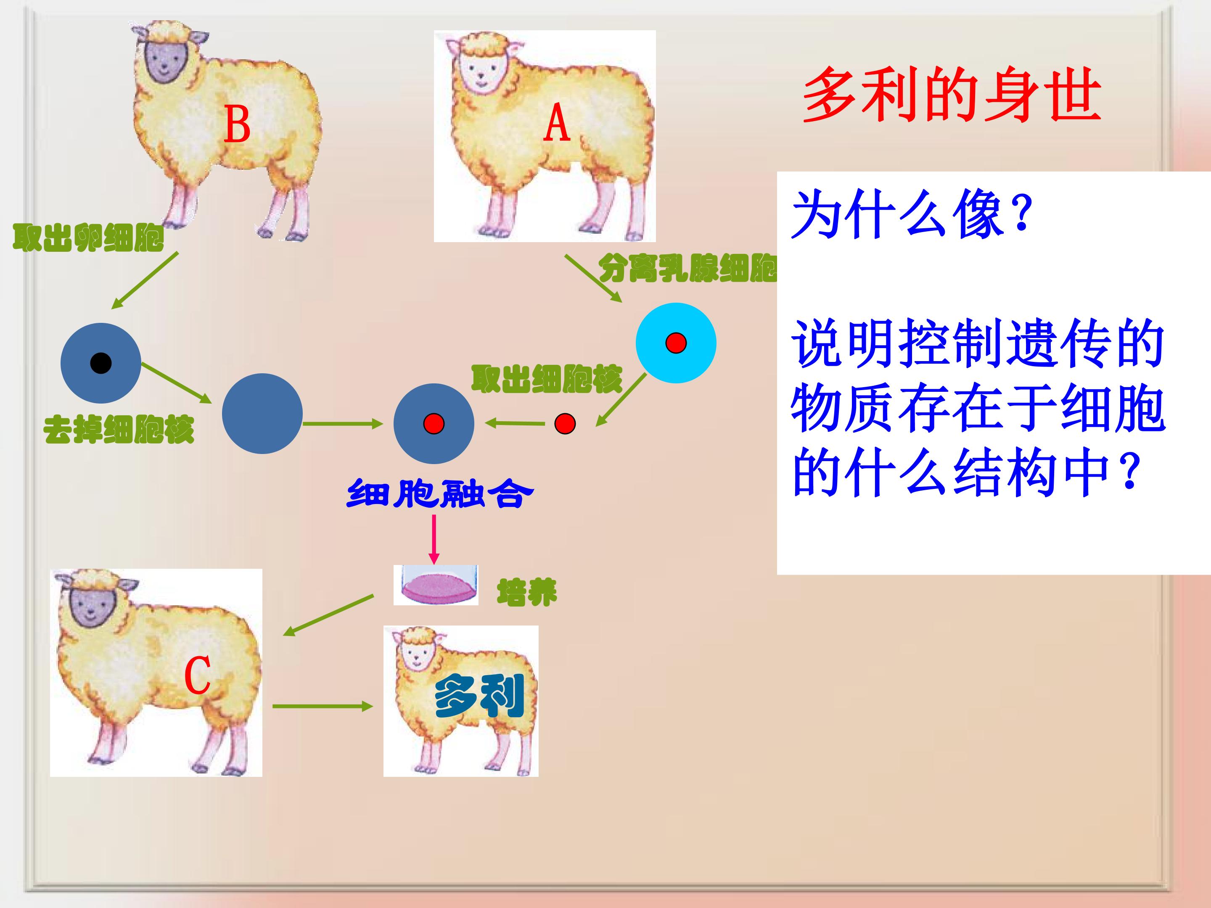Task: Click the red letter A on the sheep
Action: pyautogui.click(x=557, y=123)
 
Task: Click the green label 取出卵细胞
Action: pyautogui.click(x=88, y=238)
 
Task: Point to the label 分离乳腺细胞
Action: pyautogui.click(x=687, y=268)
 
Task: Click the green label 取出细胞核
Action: pyautogui.click(x=547, y=379)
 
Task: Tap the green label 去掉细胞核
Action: pyautogui.click(x=119, y=429)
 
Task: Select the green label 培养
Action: pyautogui.click(x=527, y=592)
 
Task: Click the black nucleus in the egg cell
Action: pyautogui.click(x=101, y=363)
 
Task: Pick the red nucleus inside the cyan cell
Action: pyautogui.click(x=676, y=343)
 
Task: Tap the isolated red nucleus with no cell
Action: pyautogui.click(x=565, y=424)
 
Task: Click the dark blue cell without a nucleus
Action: pyautogui.click(x=262, y=414)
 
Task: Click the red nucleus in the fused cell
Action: pyautogui.click(x=434, y=424)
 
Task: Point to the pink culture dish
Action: pyautogui.click(x=436, y=585)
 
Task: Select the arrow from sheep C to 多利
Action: pyautogui.click(x=323, y=706)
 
